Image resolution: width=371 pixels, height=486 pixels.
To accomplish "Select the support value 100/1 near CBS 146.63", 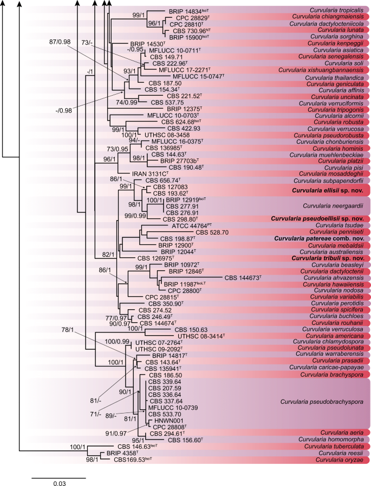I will pos(79,447).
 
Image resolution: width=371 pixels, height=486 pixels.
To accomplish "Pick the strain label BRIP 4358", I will pos(120,453).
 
